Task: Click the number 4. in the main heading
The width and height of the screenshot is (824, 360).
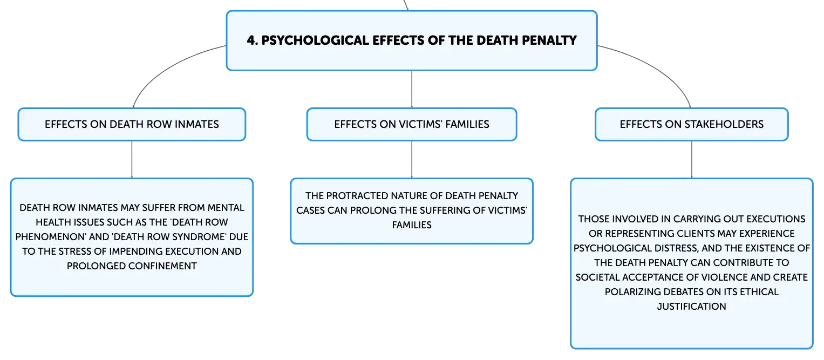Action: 252,40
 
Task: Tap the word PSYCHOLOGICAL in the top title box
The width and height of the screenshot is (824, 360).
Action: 315,40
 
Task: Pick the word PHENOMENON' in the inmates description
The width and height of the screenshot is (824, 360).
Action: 51,237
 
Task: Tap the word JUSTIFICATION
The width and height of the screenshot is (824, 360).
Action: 692,306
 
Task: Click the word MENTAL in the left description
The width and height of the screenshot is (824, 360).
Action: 226,208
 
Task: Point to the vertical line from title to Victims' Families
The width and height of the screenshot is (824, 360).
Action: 412,89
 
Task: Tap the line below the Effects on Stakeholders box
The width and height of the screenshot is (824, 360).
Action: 692,159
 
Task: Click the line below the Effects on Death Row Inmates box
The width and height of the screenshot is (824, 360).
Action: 132,159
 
